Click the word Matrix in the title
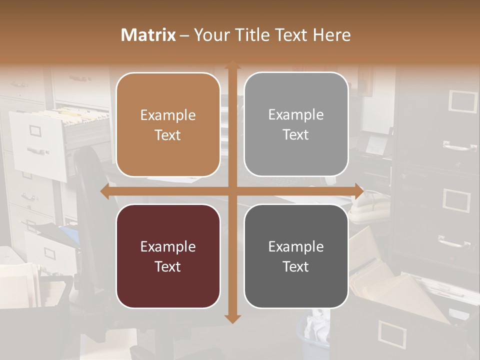click(148, 35)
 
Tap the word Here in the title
click(331, 35)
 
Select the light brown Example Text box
click(168, 124)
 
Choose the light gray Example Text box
click(296, 124)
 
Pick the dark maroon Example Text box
click(168, 256)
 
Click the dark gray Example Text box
click(296, 256)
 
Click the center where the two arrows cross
click(232, 191)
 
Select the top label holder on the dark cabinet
click(462, 101)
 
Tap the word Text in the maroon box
click(167, 266)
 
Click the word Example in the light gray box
click(296, 114)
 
